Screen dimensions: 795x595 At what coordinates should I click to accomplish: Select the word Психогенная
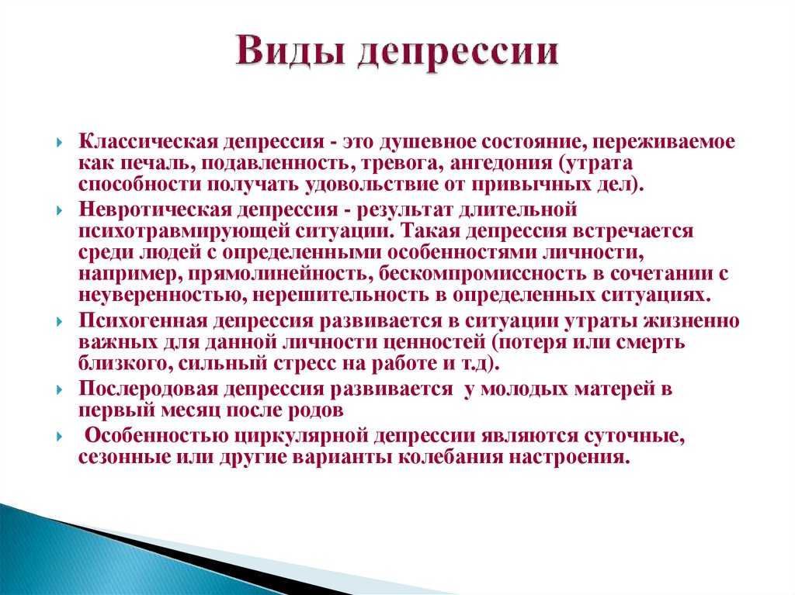click(144, 321)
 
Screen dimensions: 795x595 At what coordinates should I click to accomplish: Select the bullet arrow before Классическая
click(60, 142)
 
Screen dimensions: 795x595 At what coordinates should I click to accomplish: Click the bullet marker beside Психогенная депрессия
click(60, 321)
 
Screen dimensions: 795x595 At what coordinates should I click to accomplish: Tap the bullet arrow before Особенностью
click(60, 437)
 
